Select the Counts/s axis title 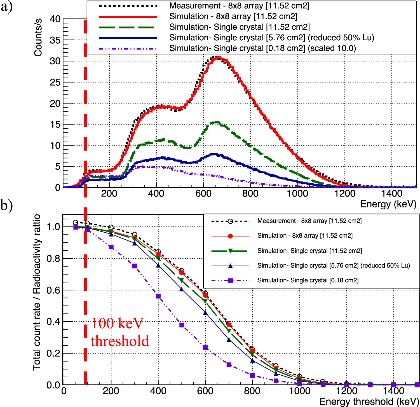pos(38,38)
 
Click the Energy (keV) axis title pos(388,204)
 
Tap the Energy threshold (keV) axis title pos(369,401)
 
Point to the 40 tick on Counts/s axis pos(55,19)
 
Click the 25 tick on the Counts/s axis pos(55,83)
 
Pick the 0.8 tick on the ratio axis pos(53,259)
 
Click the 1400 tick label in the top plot pos(392,193)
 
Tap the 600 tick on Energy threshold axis pos(205,391)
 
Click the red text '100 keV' pos(117,323)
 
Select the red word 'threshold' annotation pos(120,341)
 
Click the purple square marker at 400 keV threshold pos(158,296)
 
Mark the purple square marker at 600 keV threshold pos(205,348)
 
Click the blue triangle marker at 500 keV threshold pos(182,289)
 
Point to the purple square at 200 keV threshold pos(111,247)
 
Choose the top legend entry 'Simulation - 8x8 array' pos(233,17)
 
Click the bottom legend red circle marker pos(230,236)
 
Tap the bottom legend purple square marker pos(230,280)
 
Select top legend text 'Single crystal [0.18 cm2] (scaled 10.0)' pos(262,48)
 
